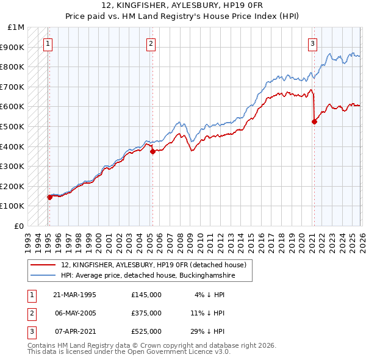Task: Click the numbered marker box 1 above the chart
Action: pyautogui.click(x=48, y=43)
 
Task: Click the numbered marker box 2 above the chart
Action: pyautogui.click(x=151, y=43)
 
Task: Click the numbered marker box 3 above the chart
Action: pyautogui.click(x=312, y=43)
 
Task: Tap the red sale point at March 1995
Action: pyautogui.click(x=49, y=197)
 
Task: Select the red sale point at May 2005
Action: pyautogui.click(x=152, y=151)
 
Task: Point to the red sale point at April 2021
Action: pyautogui.click(x=314, y=121)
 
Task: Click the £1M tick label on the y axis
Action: pyautogui.click(x=16, y=27)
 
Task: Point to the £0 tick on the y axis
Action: pyautogui.click(x=20, y=226)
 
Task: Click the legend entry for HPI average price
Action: pyautogui.click(x=148, y=276)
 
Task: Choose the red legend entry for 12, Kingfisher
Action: pyautogui.click(x=153, y=265)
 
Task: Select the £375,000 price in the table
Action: pyautogui.click(x=146, y=313)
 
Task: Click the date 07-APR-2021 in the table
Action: pyautogui.click(x=74, y=331)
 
